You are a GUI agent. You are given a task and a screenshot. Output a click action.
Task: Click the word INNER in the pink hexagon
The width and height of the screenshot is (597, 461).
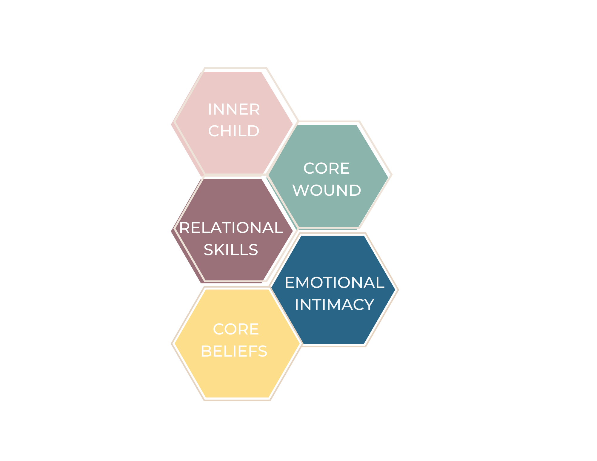pos(234,109)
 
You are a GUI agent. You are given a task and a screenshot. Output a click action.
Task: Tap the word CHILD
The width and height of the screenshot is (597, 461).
pos(234,131)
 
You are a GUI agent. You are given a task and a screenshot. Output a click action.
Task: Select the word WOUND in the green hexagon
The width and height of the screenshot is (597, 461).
pos(327,190)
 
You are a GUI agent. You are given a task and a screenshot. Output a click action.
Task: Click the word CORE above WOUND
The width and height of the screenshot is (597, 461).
pos(327,168)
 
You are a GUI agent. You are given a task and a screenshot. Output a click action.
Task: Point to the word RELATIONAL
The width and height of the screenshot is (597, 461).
pos(231,228)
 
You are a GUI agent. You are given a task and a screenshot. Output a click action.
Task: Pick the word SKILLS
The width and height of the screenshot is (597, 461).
pos(231,250)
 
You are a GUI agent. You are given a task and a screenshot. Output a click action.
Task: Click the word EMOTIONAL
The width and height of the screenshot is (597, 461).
pos(334,283)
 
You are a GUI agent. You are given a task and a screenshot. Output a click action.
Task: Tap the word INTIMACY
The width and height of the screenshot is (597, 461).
pos(334,305)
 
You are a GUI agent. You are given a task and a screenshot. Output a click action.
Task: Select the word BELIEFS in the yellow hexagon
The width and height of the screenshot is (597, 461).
pos(234,351)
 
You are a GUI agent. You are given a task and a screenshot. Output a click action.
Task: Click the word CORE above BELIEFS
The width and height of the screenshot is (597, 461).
pos(236,329)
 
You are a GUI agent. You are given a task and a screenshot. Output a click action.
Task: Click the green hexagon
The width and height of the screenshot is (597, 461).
pos(328,209)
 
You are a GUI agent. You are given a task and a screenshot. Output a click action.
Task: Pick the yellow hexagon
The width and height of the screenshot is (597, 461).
pos(236,376)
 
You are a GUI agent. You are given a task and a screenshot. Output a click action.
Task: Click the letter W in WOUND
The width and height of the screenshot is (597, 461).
pos(299,190)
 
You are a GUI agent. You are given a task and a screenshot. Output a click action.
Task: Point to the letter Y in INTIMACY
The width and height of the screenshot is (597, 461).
pos(369,305)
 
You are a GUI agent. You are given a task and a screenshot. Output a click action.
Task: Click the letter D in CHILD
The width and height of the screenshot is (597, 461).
pos(254,131)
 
